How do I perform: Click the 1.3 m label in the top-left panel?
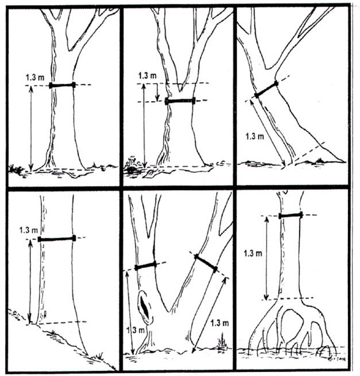point(35,77)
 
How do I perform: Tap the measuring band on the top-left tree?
point(62,85)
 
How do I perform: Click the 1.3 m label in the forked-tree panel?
point(147,76)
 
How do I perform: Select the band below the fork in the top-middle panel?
point(180,101)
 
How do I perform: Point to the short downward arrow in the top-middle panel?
point(157,92)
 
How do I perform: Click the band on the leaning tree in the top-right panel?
point(266,89)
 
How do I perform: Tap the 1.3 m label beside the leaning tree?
point(254,136)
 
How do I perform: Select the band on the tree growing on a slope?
point(57,239)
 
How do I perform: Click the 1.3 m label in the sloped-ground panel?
point(29,230)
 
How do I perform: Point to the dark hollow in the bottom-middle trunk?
point(145,308)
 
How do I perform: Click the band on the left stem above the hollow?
point(146,266)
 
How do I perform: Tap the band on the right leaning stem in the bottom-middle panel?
point(206,263)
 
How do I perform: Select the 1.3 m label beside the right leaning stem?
point(219,323)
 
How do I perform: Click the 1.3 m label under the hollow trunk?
point(136,330)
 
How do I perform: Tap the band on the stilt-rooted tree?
point(291,215)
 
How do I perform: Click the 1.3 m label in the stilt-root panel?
point(253,254)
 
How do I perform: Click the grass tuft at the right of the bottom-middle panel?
point(222,344)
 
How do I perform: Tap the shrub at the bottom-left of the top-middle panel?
point(131,165)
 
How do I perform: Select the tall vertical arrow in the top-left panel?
point(31,128)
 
